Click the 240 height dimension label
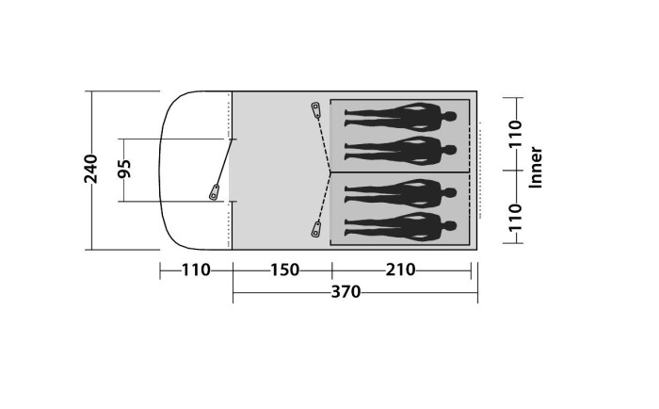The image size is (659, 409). click(90, 169)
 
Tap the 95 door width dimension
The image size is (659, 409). click(124, 169)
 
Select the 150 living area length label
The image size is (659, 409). click(284, 270)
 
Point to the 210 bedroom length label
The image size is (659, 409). click(400, 270)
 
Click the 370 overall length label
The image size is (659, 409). click(346, 291)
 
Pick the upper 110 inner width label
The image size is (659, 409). click(515, 134)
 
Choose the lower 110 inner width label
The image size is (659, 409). click(515, 218)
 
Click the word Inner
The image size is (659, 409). click(535, 168)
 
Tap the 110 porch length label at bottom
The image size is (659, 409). click(196, 270)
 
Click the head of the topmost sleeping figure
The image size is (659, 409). click(450, 116)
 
